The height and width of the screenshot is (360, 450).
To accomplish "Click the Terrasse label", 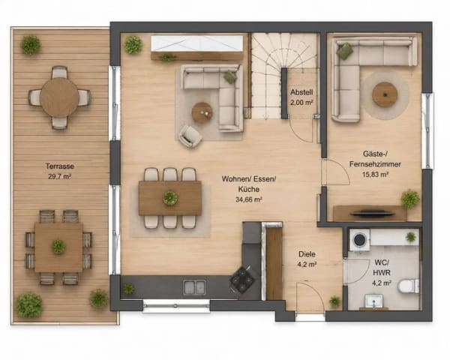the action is (x=60, y=166).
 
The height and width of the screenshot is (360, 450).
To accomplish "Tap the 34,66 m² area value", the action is (x=249, y=199).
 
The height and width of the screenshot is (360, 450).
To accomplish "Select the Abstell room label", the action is (x=301, y=92).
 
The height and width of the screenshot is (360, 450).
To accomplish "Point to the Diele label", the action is (x=307, y=254).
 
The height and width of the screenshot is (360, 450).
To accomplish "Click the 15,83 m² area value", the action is (x=376, y=174).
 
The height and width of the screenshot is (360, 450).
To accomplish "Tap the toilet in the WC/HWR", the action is (x=409, y=286).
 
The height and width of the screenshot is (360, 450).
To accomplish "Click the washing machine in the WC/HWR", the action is (x=359, y=240).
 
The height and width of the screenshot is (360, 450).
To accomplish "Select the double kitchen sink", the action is (x=194, y=288).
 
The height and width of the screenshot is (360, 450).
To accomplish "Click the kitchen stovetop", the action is (x=242, y=280).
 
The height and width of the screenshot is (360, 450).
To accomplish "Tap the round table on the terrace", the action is (x=59, y=97).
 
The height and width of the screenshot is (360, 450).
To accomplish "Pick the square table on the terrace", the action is (x=58, y=247).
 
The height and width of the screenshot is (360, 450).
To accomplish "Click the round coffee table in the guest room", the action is (x=385, y=94).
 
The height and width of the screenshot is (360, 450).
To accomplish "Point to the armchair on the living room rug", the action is (x=190, y=136).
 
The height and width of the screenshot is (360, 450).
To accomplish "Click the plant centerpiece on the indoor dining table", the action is (x=170, y=198).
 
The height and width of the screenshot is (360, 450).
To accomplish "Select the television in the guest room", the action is (x=372, y=213).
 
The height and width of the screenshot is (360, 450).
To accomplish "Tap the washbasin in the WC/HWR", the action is (x=373, y=301).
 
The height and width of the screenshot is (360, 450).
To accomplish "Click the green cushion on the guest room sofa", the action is (x=344, y=51).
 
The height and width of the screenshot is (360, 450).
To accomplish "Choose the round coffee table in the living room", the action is (x=202, y=112).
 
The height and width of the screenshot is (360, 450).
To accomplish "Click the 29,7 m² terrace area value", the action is (x=60, y=176).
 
